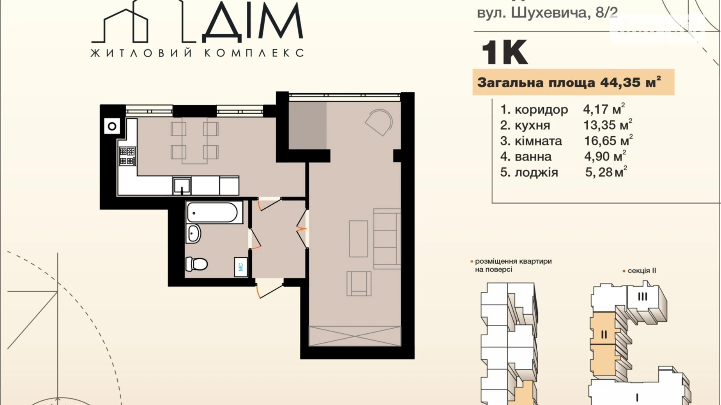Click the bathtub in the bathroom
click(212, 212)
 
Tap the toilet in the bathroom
click(197, 264)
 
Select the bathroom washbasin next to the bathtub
click(193, 234)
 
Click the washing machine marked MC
click(241, 267)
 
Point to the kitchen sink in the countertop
click(182, 186)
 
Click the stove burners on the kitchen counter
click(127, 156)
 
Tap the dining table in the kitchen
click(194, 141)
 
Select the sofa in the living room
click(387, 239)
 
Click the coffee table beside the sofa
click(358, 239)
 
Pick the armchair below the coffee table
click(359, 284)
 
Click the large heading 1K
click(505, 53)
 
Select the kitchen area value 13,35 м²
click(607, 125)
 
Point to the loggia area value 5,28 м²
click(606, 172)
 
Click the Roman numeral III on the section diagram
click(642, 297)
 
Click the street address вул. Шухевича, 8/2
click(547, 13)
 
